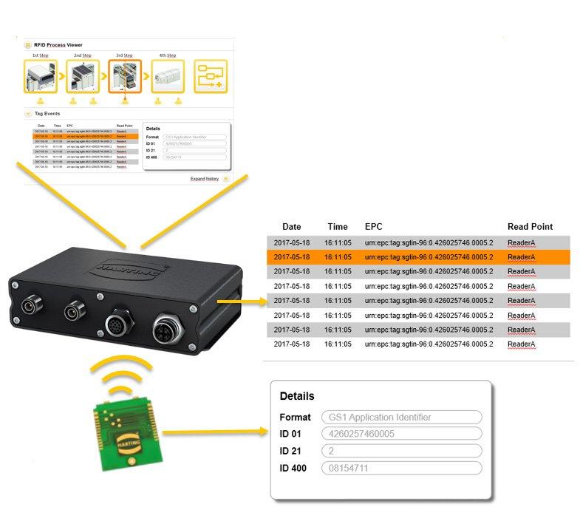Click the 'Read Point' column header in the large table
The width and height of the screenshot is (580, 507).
[x=530, y=227]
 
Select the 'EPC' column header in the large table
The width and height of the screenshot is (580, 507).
[x=373, y=227]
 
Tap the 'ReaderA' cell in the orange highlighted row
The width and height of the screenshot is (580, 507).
[x=521, y=257]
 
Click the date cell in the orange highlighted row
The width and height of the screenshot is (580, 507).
[x=292, y=257]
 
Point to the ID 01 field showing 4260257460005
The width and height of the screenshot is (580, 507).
[x=401, y=434]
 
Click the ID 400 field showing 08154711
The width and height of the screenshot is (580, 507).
[x=401, y=468]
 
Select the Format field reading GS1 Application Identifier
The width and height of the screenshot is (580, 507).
[x=401, y=417]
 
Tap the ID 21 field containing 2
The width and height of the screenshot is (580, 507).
[x=401, y=451]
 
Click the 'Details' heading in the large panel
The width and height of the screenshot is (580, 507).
[x=297, y=396]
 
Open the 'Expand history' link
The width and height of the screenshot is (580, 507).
[x=205, y=179]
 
